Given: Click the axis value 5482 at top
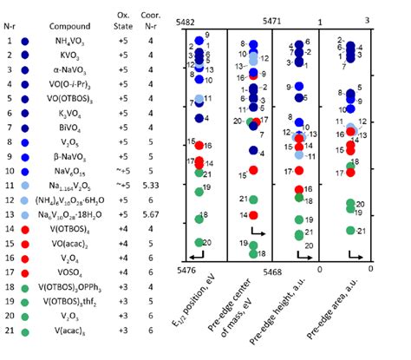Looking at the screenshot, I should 186,20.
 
